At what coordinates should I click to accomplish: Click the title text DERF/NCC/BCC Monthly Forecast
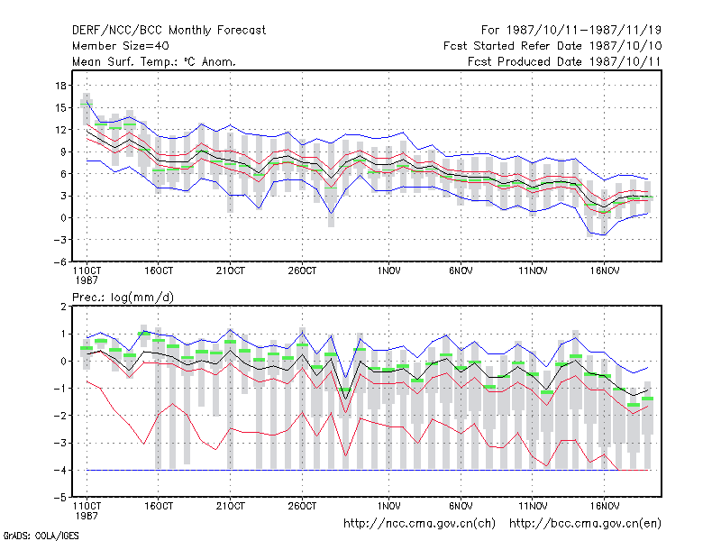(x=169, y=31)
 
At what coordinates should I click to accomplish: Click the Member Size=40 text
(x=121, y=46)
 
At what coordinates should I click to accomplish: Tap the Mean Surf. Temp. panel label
(x=154, y=61)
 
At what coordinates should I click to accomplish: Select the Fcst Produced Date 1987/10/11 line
(x=564, y=61)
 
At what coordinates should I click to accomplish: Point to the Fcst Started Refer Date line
(x=552, y=46)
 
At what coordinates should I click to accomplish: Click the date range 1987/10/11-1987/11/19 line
(x=571, y=31)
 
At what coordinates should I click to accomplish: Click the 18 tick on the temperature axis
(x=60, y=86)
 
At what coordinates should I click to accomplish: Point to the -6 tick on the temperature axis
(x=59, y=261)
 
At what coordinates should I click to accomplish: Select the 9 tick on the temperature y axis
(x=63, y=151)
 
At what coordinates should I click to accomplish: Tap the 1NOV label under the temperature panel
(x=388, y=271)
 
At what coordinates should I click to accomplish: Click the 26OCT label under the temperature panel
(x=302, y=271)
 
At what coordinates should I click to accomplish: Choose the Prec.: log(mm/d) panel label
(x=123, y=298)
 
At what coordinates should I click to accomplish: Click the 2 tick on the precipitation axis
(x=63, y=307)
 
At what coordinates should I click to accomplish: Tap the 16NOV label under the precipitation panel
(x=605, y=506)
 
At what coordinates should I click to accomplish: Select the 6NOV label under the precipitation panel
(x=461, y=506)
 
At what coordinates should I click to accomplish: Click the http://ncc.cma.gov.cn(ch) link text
(x=419, y=524)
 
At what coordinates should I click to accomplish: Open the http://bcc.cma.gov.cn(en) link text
(x=585, y=524)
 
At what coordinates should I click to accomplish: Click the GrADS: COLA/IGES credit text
(x=41, y=536)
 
